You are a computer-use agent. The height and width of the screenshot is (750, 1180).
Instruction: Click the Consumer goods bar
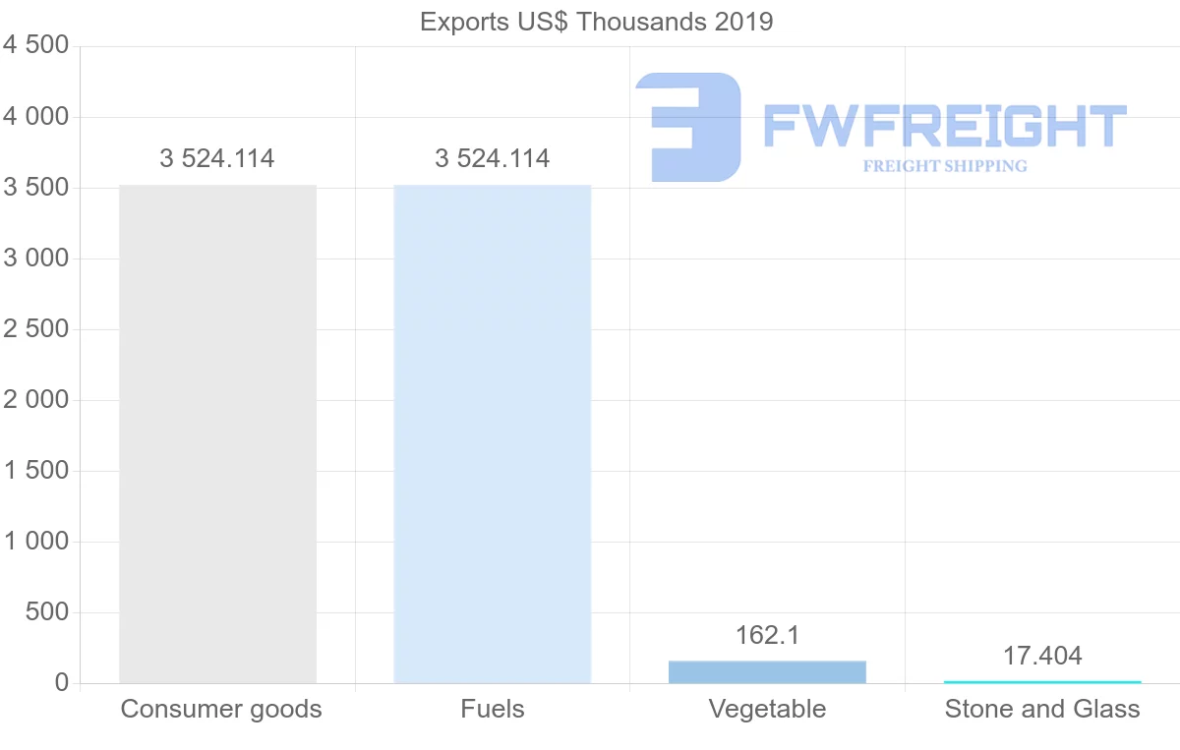point(217,433)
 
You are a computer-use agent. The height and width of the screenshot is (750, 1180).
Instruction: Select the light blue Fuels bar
point(492,433)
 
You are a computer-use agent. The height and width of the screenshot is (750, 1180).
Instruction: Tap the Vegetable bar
point(767,671)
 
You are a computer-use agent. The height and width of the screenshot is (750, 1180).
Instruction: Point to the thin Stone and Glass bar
point(1042,681)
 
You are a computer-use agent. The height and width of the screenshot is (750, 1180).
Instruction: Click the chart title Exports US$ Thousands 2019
point(596,21)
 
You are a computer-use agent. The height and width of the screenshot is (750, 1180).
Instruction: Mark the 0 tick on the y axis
point(61,683)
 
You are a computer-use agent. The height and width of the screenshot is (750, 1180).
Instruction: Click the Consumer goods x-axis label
point(221,709)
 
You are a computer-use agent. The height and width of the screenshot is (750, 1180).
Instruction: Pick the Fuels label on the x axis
point(492,709)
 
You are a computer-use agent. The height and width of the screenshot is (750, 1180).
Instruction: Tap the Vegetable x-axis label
point(767,709)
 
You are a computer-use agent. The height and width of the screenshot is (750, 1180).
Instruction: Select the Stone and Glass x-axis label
point(1042,709)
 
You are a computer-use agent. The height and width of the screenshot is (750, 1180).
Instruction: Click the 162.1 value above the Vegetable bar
point(767,635)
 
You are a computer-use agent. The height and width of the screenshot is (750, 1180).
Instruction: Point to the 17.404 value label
point(1042,656)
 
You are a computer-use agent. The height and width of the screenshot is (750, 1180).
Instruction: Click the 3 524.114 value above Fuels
point(492,158)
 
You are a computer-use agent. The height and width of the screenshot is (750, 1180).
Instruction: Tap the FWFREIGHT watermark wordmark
point(944,126)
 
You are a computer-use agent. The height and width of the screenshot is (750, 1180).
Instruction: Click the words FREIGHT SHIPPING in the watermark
point(944,166)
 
